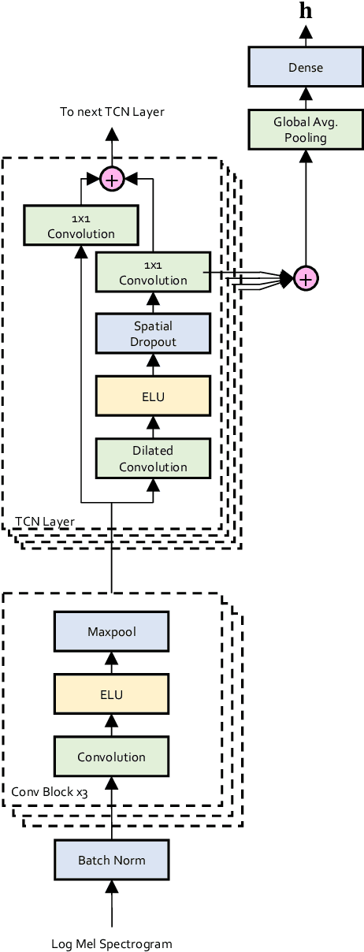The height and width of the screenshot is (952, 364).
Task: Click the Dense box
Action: (x=305, y=67)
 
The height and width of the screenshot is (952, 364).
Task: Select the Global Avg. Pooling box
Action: (x=305, y=129)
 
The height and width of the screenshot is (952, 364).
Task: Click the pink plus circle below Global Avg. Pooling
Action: (x=305, y=277)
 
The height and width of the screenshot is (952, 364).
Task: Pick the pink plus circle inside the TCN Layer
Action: (x=112, y=180)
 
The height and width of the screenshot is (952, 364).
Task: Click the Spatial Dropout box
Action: (x=153, y=333)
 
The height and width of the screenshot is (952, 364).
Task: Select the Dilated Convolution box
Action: (x=153, y=459)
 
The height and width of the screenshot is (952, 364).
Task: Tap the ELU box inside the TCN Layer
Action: (x=153, y=396)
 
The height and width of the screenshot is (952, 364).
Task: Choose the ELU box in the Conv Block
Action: (x=111, y=694)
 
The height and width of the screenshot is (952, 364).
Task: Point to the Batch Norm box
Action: (x=111, y=860)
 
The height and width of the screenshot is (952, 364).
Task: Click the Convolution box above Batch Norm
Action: (x=111, y=757)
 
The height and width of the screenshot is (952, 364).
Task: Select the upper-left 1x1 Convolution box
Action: (x=81, y=225)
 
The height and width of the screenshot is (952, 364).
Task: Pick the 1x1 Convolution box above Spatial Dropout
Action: (x=153, y=272)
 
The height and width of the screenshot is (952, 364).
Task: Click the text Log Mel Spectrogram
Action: (x=111, y=943)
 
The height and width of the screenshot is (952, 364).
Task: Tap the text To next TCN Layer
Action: (x=112, y=112)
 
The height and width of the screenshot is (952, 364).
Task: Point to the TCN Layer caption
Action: (x=45, y=521)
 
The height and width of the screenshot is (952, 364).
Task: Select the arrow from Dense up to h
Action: (x=305, y=36)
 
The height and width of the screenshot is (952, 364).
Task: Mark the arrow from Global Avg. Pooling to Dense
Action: (x=305, y=98)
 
